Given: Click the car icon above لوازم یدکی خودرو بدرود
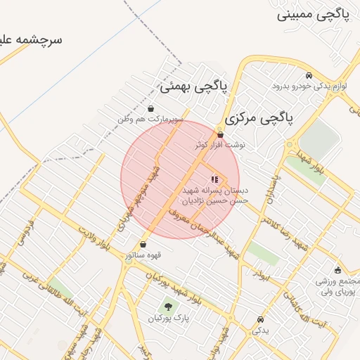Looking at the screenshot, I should click(309, 76).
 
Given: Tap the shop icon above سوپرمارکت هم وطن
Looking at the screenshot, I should click(151, 109).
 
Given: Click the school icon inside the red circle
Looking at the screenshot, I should click(214, 180).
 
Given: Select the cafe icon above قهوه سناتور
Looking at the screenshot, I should click(143, 245).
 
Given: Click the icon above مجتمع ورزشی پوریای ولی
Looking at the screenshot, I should click(338, 270).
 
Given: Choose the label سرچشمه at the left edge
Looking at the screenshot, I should click(32, 39).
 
